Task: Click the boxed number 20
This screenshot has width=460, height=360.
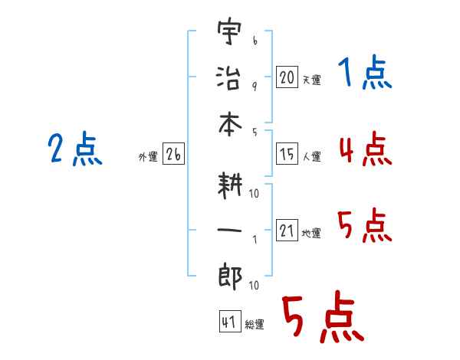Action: point(287,77)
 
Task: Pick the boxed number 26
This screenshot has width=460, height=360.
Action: point(173,155)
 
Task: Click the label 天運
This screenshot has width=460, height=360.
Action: point(311,80)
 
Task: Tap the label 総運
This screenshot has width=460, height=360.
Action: point(254,325)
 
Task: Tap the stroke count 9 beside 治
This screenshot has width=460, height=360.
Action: point(255,86)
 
